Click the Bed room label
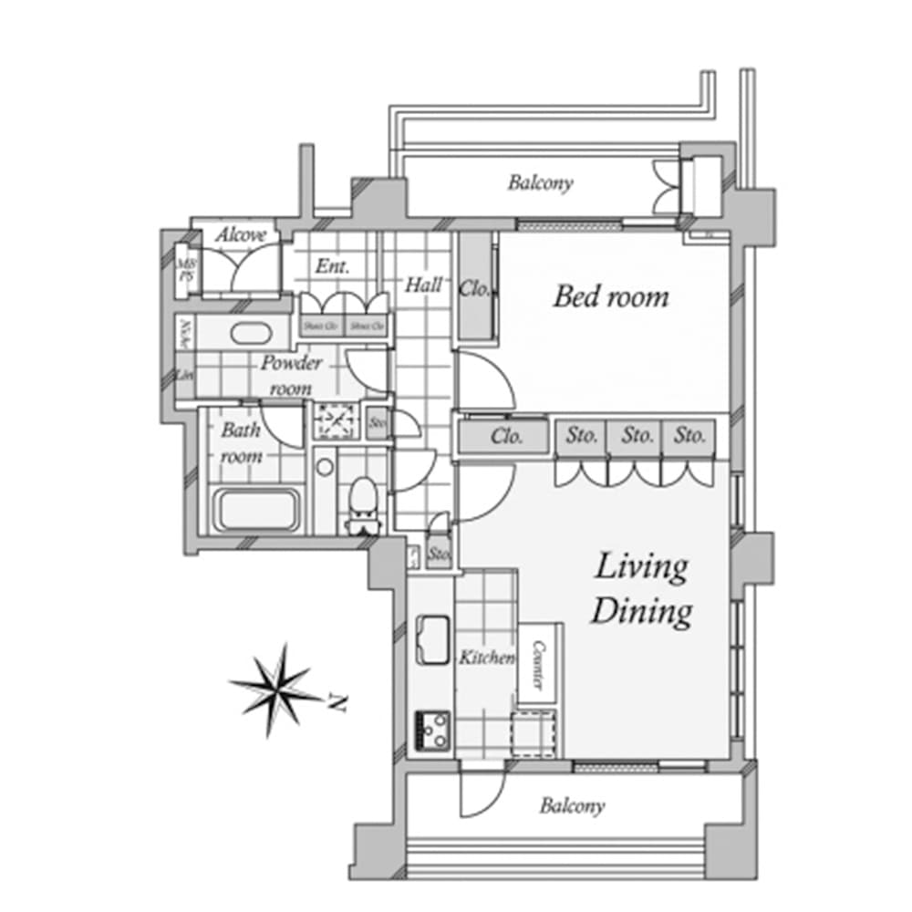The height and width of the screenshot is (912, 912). (x=610, y=296)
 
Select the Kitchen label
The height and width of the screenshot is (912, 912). (x=485, y=658)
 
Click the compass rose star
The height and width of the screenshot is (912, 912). (x=275, y=689)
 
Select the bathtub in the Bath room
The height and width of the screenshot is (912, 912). (x=257, y=509)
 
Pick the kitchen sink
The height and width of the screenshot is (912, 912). (x=431, y=638)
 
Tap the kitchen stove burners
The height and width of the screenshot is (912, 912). (x=432, y=729)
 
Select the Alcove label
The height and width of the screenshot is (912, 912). (x=241, y=235)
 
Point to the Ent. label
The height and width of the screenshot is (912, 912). (x=333, y=267)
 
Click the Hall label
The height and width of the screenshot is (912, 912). (x=424, y=285)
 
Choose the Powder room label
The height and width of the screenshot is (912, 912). (x=291, y=375)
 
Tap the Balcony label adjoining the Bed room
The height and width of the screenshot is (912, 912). (x=540, y=182)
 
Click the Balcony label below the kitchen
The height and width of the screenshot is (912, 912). (x=572, y=806)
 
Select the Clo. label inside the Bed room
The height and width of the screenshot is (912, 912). (x=475, y=290)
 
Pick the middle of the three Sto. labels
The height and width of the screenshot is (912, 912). (x=637, y=436)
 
